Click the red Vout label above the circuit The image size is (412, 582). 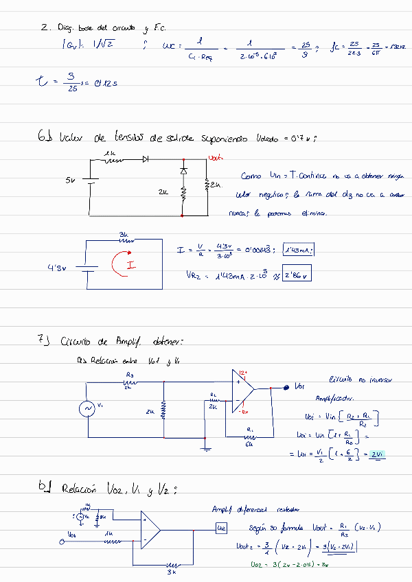click(x=215, y=157)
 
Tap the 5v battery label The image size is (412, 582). click(x=70, y=180)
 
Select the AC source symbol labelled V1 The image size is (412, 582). click(x=88, y=409)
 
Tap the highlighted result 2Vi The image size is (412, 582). click(x=376, y=454)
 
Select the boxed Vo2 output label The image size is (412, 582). click(x=221, y=528)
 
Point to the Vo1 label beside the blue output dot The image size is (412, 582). click(x=300, y=386)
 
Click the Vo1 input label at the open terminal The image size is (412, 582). click(x=72, y=533)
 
